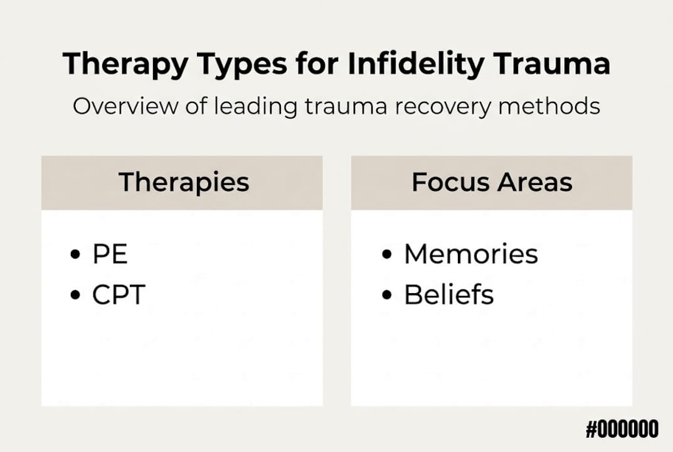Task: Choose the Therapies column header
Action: [x=184, y=183]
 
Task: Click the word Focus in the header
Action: [x=449, y=183]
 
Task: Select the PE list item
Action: [x=110, y=254]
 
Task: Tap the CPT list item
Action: [x=118, y=294]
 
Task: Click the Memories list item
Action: [x=470, y=254]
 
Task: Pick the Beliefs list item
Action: [x=448, y=294]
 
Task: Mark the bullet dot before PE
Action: [x=77, y=255]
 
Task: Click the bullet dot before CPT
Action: [x=77, y=295]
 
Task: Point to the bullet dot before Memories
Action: [x=387, y=255]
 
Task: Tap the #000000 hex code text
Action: [x=622, y=430]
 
